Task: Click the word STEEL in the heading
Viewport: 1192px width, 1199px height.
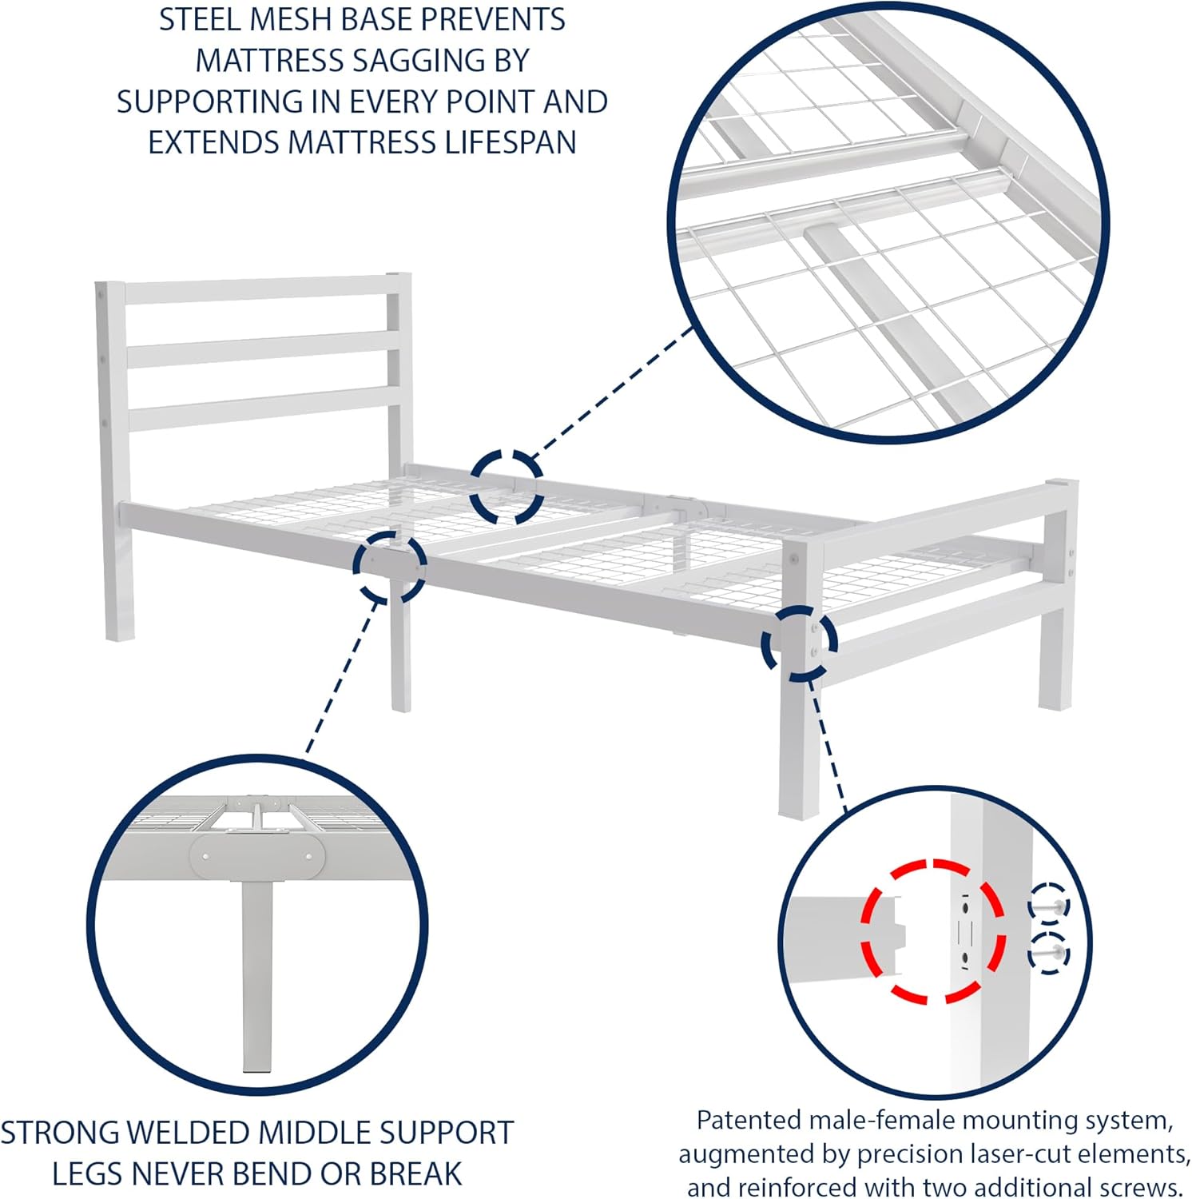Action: pyautogui.click(x=201, y=20)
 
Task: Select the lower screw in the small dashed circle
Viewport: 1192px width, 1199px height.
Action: pyautogui.click(x=1048, y=953)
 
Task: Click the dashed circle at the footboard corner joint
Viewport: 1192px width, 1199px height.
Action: pyautogui.click(x=800, y=643)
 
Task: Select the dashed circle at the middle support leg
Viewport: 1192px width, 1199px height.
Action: pyautogui.click(x=390, y=567)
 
